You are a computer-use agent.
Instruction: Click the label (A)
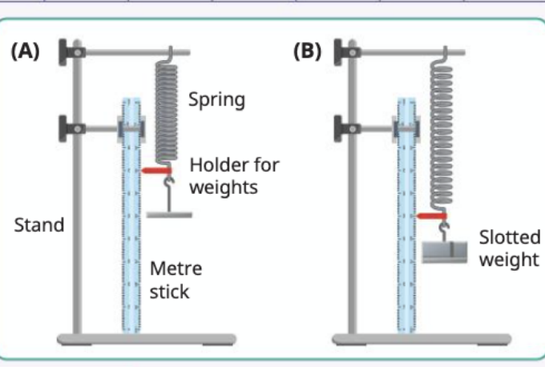point(26,52)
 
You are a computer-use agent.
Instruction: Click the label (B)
point(308,52)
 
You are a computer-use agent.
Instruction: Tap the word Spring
point(217,100)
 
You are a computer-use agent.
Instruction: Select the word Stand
point(39,225)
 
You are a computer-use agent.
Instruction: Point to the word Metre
point(176,268)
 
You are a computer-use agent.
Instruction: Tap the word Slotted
point(510,237)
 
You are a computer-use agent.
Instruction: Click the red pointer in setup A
point(156,171)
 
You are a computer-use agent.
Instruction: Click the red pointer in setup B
point(431,216)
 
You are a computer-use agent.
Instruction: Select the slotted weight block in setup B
point(445,252)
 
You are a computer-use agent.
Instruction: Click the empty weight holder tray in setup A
point(169,215)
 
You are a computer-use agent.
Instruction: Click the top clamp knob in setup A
point(63,52)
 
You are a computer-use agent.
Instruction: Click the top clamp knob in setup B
point(338,52)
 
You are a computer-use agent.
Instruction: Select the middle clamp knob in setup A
point(63,129)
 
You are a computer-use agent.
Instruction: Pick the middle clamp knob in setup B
point(338,129)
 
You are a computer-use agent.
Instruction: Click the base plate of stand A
point(147,339)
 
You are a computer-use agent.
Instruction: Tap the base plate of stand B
point(422,339)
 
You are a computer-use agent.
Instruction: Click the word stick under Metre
point(169,292)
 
